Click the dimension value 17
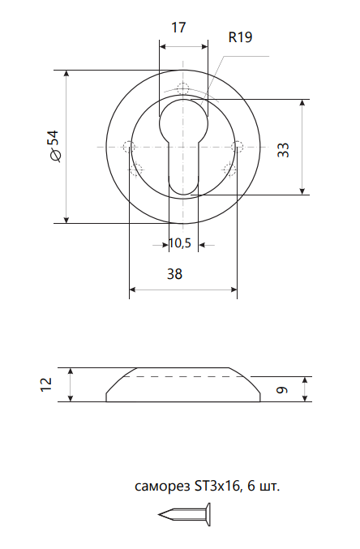click(178, 28)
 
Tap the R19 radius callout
click(240, 37)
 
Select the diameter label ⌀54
click(54, 146)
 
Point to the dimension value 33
click(283, 150)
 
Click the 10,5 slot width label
click(180, 243)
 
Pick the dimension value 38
click(175, 274)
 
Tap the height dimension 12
click(46, 384)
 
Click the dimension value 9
click(282, 390)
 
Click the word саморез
click(162, 487)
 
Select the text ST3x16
click(216, 486)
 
